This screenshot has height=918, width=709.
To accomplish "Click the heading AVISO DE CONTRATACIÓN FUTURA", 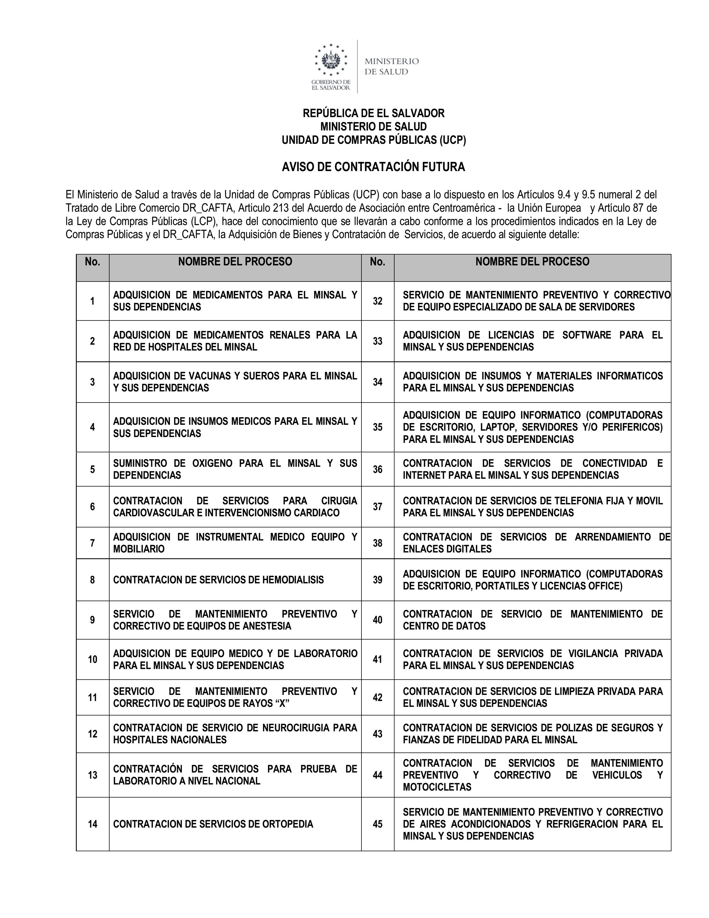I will coord(373,167).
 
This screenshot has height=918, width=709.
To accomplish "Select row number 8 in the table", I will coord(92,580).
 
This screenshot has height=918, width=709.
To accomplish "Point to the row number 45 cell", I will coord(378,824).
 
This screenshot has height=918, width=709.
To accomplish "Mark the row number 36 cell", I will coord(378,469).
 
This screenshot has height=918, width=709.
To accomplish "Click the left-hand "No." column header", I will coord(92,261).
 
